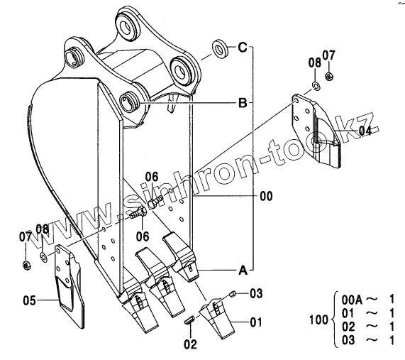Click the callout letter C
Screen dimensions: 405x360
(243, 48)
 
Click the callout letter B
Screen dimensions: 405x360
(243, 103)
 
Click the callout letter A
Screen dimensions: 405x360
(243, 271)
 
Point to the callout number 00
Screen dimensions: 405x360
(266, 196)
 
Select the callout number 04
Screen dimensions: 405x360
(365, 131)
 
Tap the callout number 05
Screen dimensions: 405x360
(30, 300)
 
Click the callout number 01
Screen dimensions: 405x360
(256, 322)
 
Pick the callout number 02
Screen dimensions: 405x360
(190, 344)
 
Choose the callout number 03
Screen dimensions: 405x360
(256, 294)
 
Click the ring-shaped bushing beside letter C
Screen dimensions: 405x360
(220, 49)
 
